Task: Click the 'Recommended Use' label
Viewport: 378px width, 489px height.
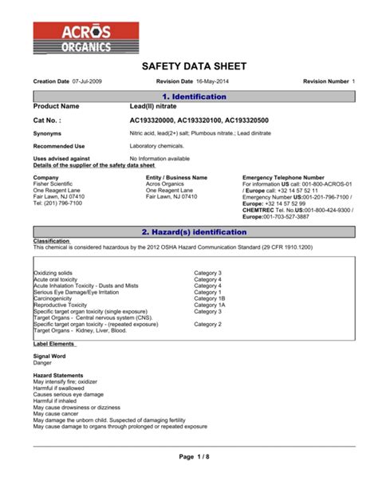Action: (58, 147)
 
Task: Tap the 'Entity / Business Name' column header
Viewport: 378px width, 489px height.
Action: (176, 177)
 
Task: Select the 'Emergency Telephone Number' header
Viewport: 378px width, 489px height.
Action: (282, 177)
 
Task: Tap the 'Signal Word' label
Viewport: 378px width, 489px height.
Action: (50, 355)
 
